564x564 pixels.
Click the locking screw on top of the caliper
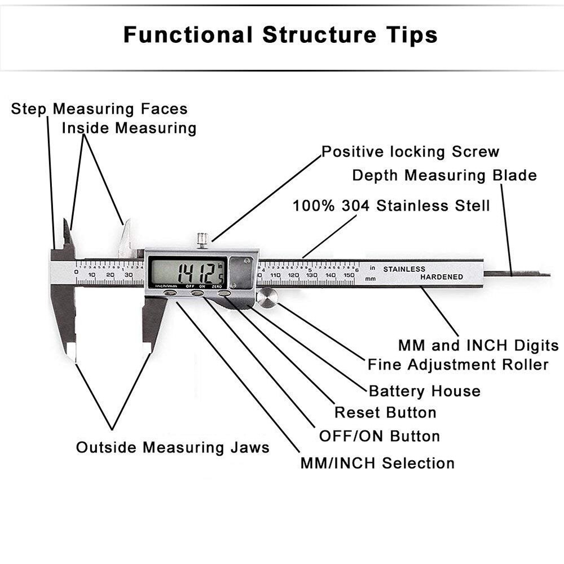pyautogui.click(x=202, y=240)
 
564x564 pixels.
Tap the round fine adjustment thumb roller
pyautogui.click(x=267, y=297)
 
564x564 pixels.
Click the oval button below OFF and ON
pyautogui.click(x=197, y=293)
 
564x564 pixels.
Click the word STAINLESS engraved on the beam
pyautogui.click(x=404, y=269)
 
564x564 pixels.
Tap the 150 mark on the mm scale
pyautogui.click(x=349, y=275)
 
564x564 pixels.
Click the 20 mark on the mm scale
pyautogui.click(x=110, y=275)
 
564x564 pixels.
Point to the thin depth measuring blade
pyautogui.click(x=517, y=274)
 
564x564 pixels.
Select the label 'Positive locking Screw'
pyautogui.click(x=410, y=152)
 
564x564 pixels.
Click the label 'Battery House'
pyautogui.click(x=424, y=391)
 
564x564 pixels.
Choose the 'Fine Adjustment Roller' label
pyautogui.click(x=457, y=364)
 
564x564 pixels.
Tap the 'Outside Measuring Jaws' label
pyautogui.click(x=173, y=448)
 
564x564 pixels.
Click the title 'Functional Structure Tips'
pyautogui.click(x=280, y=35)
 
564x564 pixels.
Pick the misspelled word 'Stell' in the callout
pyautogui.click(x=472, y=205)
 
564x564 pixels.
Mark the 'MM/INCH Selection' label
pyautogui.click(x=377, y=464)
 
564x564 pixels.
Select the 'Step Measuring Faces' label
pyautogui.click(x=99, y=109)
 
